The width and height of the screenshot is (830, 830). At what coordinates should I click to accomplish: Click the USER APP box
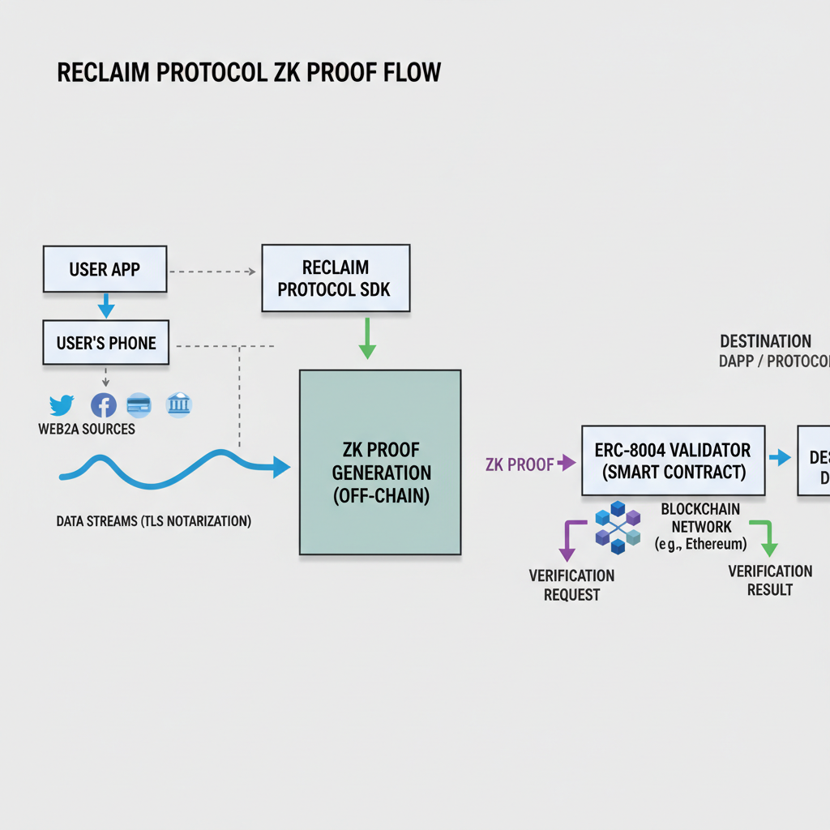tap(105, 269)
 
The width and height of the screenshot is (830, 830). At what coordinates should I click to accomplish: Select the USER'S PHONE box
tap(106, 342)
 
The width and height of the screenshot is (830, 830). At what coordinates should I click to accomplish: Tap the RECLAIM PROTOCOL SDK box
tap(336, 278)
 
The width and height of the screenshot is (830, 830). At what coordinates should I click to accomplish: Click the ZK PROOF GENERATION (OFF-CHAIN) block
tap(380, 462)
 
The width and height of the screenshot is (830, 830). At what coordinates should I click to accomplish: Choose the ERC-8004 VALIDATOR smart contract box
tap(673, 460)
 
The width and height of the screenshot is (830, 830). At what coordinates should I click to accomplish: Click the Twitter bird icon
tap(62, 404)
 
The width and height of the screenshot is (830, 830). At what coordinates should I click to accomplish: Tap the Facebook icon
tap(104, 404)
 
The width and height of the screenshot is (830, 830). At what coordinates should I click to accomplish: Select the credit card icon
tap(139, 404)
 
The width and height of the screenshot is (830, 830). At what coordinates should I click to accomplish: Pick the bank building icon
tap(178, 404)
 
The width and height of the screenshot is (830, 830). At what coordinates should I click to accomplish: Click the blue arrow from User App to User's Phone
tap(105, 306)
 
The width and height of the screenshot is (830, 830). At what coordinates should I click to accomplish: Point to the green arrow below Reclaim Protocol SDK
tap(367, 339)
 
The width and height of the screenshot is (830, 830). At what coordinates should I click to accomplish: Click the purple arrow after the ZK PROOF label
tap(566, 464)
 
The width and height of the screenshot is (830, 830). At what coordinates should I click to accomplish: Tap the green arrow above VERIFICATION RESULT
tap(764, 537)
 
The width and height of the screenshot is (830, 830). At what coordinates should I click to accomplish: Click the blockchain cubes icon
tap(618, 528)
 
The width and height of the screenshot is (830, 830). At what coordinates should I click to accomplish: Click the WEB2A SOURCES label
tap(87, 429)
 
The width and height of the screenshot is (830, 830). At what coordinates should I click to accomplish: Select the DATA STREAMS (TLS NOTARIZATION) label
tap(154, 521)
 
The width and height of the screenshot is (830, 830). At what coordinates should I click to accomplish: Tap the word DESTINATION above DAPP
tap(765, 341)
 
